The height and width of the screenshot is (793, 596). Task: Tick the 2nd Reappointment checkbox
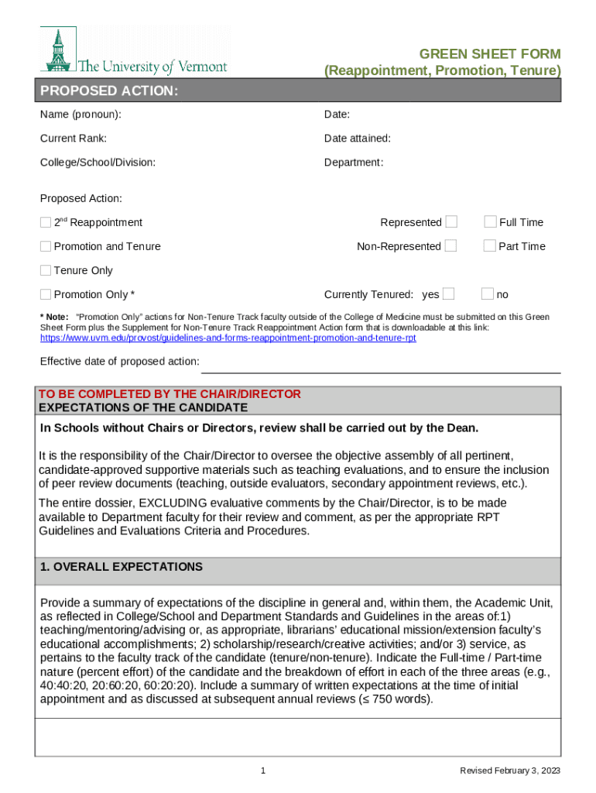[x=46, y=223]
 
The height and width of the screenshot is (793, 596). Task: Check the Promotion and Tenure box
[x=46, y=247]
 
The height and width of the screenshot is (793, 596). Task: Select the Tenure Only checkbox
[x=46, y=271]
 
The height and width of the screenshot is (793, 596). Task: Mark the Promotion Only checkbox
[x=46, y=295]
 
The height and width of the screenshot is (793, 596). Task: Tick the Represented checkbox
[x=451, y=222]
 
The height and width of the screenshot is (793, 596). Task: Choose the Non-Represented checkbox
[x=451, y=246]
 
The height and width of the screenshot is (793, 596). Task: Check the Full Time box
[x=490, y=222]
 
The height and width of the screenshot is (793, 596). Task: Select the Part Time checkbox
[x=490, y=246]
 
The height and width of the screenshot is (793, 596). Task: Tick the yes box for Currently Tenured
[x=448, y=294]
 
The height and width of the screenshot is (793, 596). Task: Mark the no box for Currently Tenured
[x=488, y=294]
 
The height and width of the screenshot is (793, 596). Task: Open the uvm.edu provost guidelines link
[x=228, y=338]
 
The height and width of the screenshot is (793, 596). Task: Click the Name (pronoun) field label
[x=80, y=115]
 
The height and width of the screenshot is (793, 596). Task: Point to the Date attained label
[x=357, y=139]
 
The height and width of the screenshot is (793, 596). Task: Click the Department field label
[x=354, y=163]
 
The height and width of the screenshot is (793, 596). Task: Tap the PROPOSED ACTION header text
[x=109, y=91]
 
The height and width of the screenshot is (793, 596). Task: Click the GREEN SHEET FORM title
[x=489, y=54]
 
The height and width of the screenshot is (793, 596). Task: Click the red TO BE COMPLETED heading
[x=170, y=394]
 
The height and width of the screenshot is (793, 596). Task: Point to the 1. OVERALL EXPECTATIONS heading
[x=121, y=567]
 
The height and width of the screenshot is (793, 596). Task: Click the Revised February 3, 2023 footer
[x=509, y=771]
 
